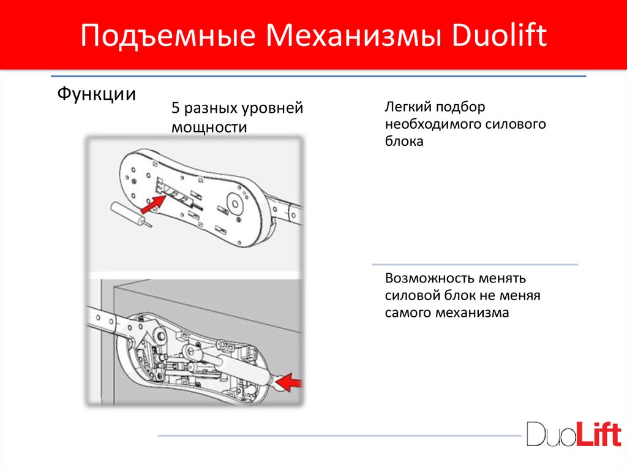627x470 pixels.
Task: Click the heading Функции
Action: [96, 94]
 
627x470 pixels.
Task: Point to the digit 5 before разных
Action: [176, 109]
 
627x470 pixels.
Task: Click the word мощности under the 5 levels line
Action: [209, 127]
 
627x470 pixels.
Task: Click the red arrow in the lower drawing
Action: [292, 382]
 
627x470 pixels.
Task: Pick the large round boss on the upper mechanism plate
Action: [236, 202]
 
